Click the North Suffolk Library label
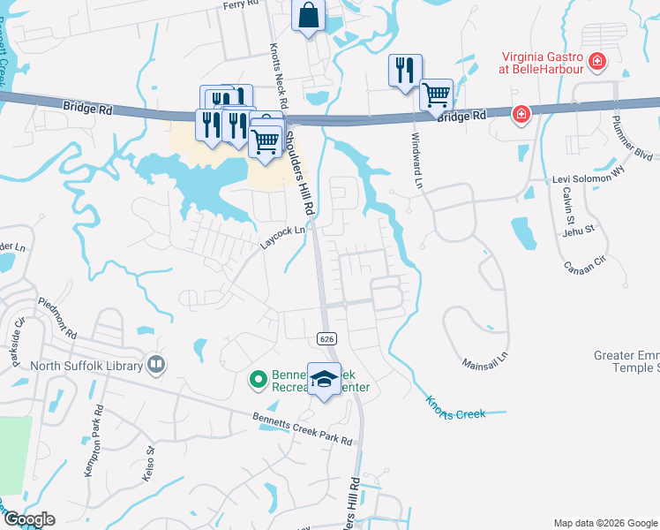coord(85,366)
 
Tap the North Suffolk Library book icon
coord(156,364)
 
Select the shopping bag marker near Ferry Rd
coord(308,15)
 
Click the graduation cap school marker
coord(324,380)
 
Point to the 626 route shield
coord(326,338)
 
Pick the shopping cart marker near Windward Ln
coord(437,95)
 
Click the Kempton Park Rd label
coord(93,442)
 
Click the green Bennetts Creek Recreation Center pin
coord(259,380)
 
